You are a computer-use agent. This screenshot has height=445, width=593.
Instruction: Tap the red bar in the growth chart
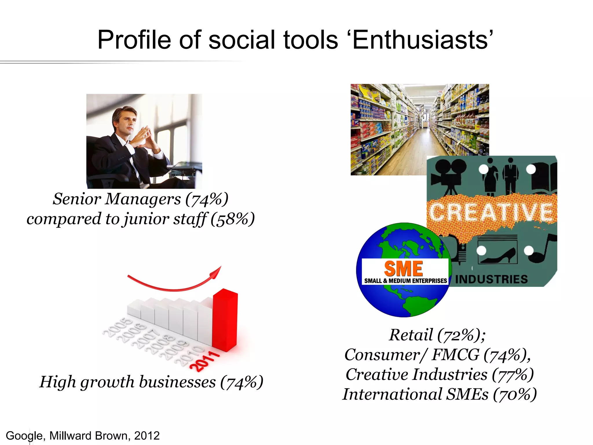point(225,319)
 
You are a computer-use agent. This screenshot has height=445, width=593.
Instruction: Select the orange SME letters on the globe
point(403,269)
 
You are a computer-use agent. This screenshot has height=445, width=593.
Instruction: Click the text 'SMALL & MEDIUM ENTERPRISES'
point(405,281)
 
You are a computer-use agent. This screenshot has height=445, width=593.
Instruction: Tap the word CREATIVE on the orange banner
point(491,213)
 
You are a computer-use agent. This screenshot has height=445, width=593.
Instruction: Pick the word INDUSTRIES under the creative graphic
point(491,279)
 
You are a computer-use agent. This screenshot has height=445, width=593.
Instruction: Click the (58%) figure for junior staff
point(233,219)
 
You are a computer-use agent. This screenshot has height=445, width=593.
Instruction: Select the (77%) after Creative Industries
point(513,374)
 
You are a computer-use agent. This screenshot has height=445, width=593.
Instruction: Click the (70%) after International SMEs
point(515,394)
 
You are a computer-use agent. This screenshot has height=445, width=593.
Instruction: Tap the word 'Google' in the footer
point(24,436)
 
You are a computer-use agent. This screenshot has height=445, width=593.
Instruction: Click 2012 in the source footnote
point(147,436)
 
